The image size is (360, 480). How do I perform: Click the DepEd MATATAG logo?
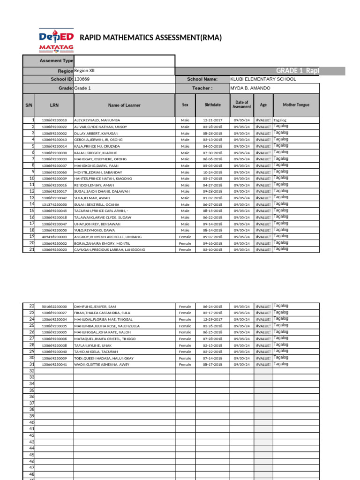[56, 37]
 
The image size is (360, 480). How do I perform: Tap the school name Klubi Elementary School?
[263, 79]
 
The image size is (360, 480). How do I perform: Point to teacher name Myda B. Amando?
[250, 88]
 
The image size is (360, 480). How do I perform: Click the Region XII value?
[84, 70]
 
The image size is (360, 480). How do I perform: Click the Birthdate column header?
[213, 105]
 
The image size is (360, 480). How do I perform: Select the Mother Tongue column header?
[296, 105]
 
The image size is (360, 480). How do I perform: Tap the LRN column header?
[54, 105]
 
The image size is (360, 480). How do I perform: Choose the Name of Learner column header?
[124, 105]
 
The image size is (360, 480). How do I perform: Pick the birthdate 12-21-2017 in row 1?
[212, 120]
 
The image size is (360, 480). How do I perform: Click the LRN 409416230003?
[54, 237]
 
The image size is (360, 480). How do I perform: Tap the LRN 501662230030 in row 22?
[54, 307]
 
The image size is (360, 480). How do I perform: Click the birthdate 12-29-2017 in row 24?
[212, 319]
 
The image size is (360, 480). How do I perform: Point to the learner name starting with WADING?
[101, 365]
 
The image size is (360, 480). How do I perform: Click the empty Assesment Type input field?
[124, 61]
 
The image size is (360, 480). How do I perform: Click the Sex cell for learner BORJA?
[185, 244]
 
